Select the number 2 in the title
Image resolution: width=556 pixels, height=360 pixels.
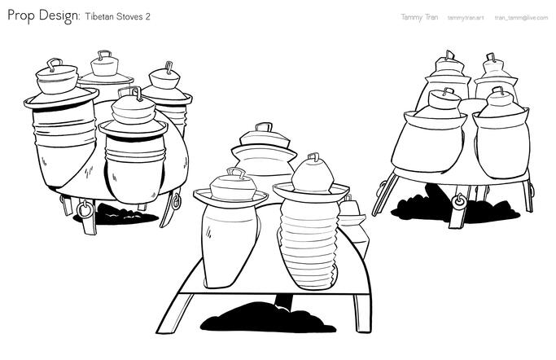pos(147,16)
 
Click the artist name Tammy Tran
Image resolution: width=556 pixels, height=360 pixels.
pos(419,17)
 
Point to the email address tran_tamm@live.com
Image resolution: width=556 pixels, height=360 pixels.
pos(521,17)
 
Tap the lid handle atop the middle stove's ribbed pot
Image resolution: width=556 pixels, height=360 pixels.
pos(313,156)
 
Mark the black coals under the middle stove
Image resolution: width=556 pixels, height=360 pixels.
pos(268,318)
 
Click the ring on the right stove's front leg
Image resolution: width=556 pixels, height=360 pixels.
pos(459,201)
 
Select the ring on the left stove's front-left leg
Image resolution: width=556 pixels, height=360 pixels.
pos(85,209)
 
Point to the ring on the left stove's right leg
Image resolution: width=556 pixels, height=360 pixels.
pos(176,201)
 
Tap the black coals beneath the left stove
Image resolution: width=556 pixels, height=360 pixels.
pos(117,214)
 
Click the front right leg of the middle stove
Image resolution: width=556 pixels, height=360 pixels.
pos(362,313)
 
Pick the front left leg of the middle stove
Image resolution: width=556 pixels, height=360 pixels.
pos(174,313)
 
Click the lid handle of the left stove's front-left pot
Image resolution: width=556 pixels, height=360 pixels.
pos(55,64)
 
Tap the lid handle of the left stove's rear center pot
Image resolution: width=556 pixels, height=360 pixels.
pos(104,55)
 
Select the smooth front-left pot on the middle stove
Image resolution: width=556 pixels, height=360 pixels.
pos(230,241)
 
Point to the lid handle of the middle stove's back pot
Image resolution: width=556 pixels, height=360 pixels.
pos(264,126)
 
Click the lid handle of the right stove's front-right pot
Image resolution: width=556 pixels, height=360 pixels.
pos(498,90)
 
